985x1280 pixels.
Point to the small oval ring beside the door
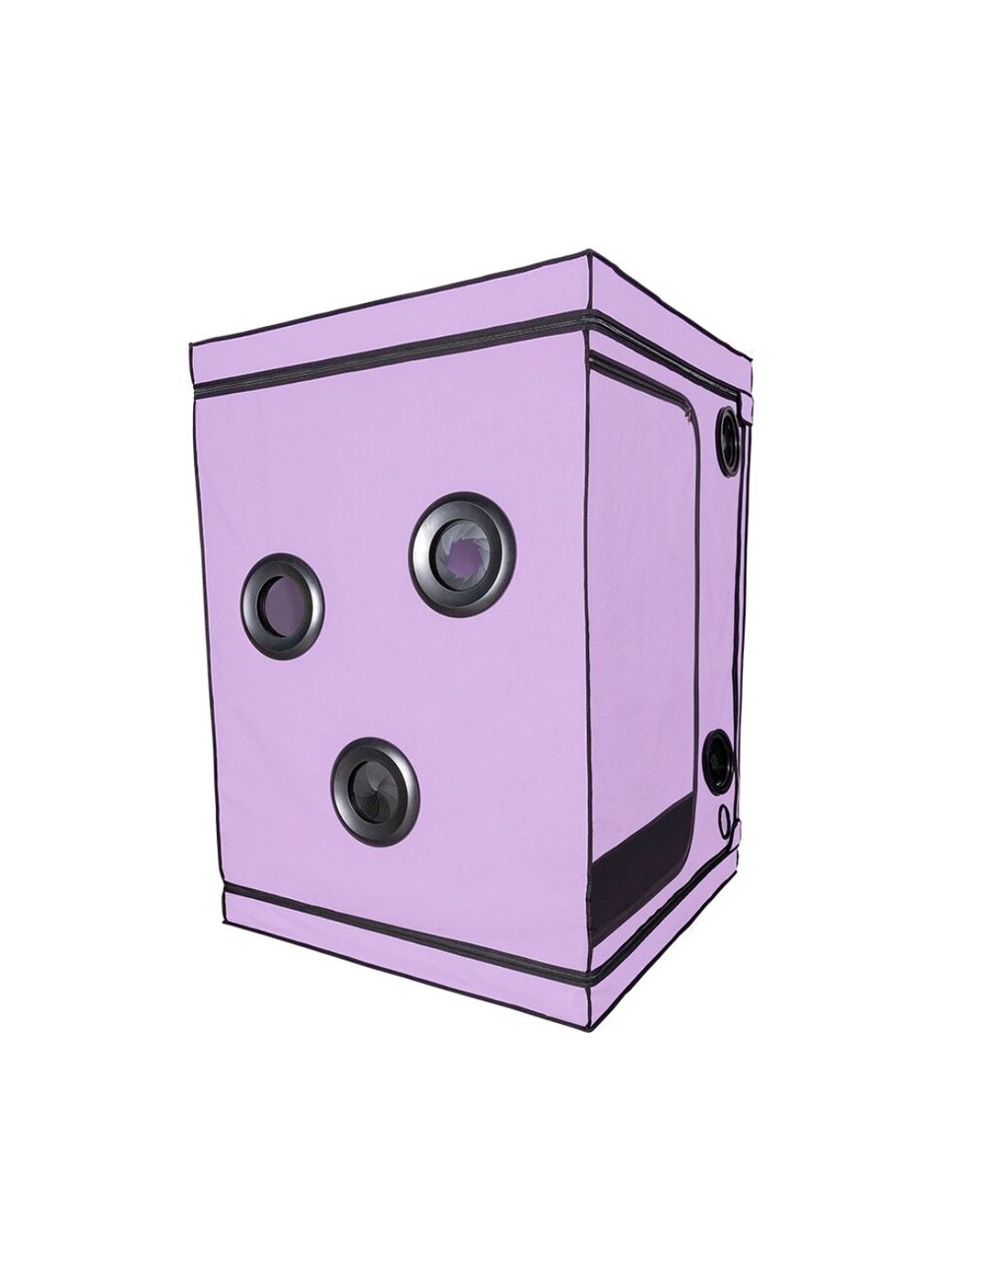click(x=728, y=817)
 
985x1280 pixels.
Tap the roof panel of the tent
click(x=473, y=295)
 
